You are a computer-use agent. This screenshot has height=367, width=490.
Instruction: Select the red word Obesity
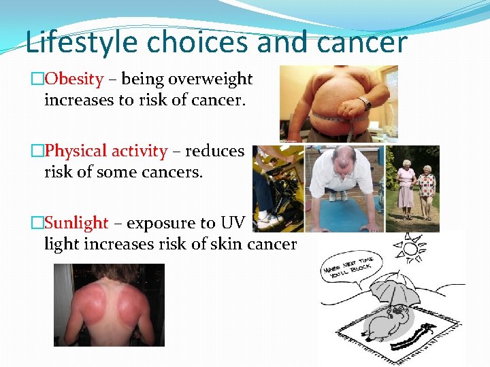[x=73, y=80]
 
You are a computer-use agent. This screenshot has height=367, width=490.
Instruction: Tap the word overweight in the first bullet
[x=210, y=80]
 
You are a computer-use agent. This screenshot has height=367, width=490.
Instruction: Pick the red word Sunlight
[x=76, y=223]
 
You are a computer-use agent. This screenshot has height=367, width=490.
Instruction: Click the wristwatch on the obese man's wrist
[x=364, y=103]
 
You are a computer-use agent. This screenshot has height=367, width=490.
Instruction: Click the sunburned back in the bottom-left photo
[x=109, y=306]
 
